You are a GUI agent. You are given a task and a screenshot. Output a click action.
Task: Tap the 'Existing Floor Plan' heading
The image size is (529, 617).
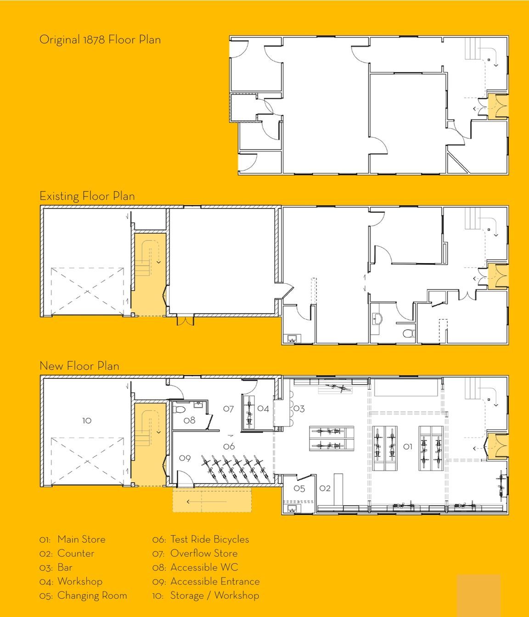pos(87,196)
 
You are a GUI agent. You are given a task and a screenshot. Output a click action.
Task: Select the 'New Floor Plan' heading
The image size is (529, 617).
pos(79,366)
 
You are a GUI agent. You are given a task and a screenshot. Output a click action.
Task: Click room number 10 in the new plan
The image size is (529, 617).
pos(87,421)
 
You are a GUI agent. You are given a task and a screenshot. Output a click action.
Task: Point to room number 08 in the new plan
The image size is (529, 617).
pos(189,421)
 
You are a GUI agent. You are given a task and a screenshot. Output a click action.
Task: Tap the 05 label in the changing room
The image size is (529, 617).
pos(299,488)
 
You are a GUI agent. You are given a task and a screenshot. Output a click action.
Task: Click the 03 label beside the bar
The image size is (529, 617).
pos(299,409)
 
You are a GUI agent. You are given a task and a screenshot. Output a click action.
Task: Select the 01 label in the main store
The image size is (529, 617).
pos(407,447)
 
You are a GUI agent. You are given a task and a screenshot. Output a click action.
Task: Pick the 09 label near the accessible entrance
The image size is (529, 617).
pos(185,458)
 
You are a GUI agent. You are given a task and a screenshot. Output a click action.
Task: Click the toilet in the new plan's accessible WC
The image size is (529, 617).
pos(180,409)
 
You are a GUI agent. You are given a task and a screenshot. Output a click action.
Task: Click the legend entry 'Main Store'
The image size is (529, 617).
pos(81,539)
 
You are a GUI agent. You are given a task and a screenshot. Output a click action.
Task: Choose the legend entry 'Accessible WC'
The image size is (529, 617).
pos(204,567)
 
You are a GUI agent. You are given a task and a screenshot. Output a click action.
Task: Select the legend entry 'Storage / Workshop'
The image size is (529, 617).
pos(214,595)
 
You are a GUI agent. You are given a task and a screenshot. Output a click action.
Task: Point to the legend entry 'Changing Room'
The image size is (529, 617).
pos(92,595)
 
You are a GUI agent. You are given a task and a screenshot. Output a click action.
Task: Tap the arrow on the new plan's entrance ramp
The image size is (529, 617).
pos(207,501)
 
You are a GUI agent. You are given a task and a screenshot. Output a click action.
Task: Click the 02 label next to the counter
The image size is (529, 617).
pos(325,488)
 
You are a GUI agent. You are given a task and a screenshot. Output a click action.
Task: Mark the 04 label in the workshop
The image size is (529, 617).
pos(263,409)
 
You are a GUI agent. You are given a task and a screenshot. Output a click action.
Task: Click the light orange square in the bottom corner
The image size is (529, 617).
pos(478,596)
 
